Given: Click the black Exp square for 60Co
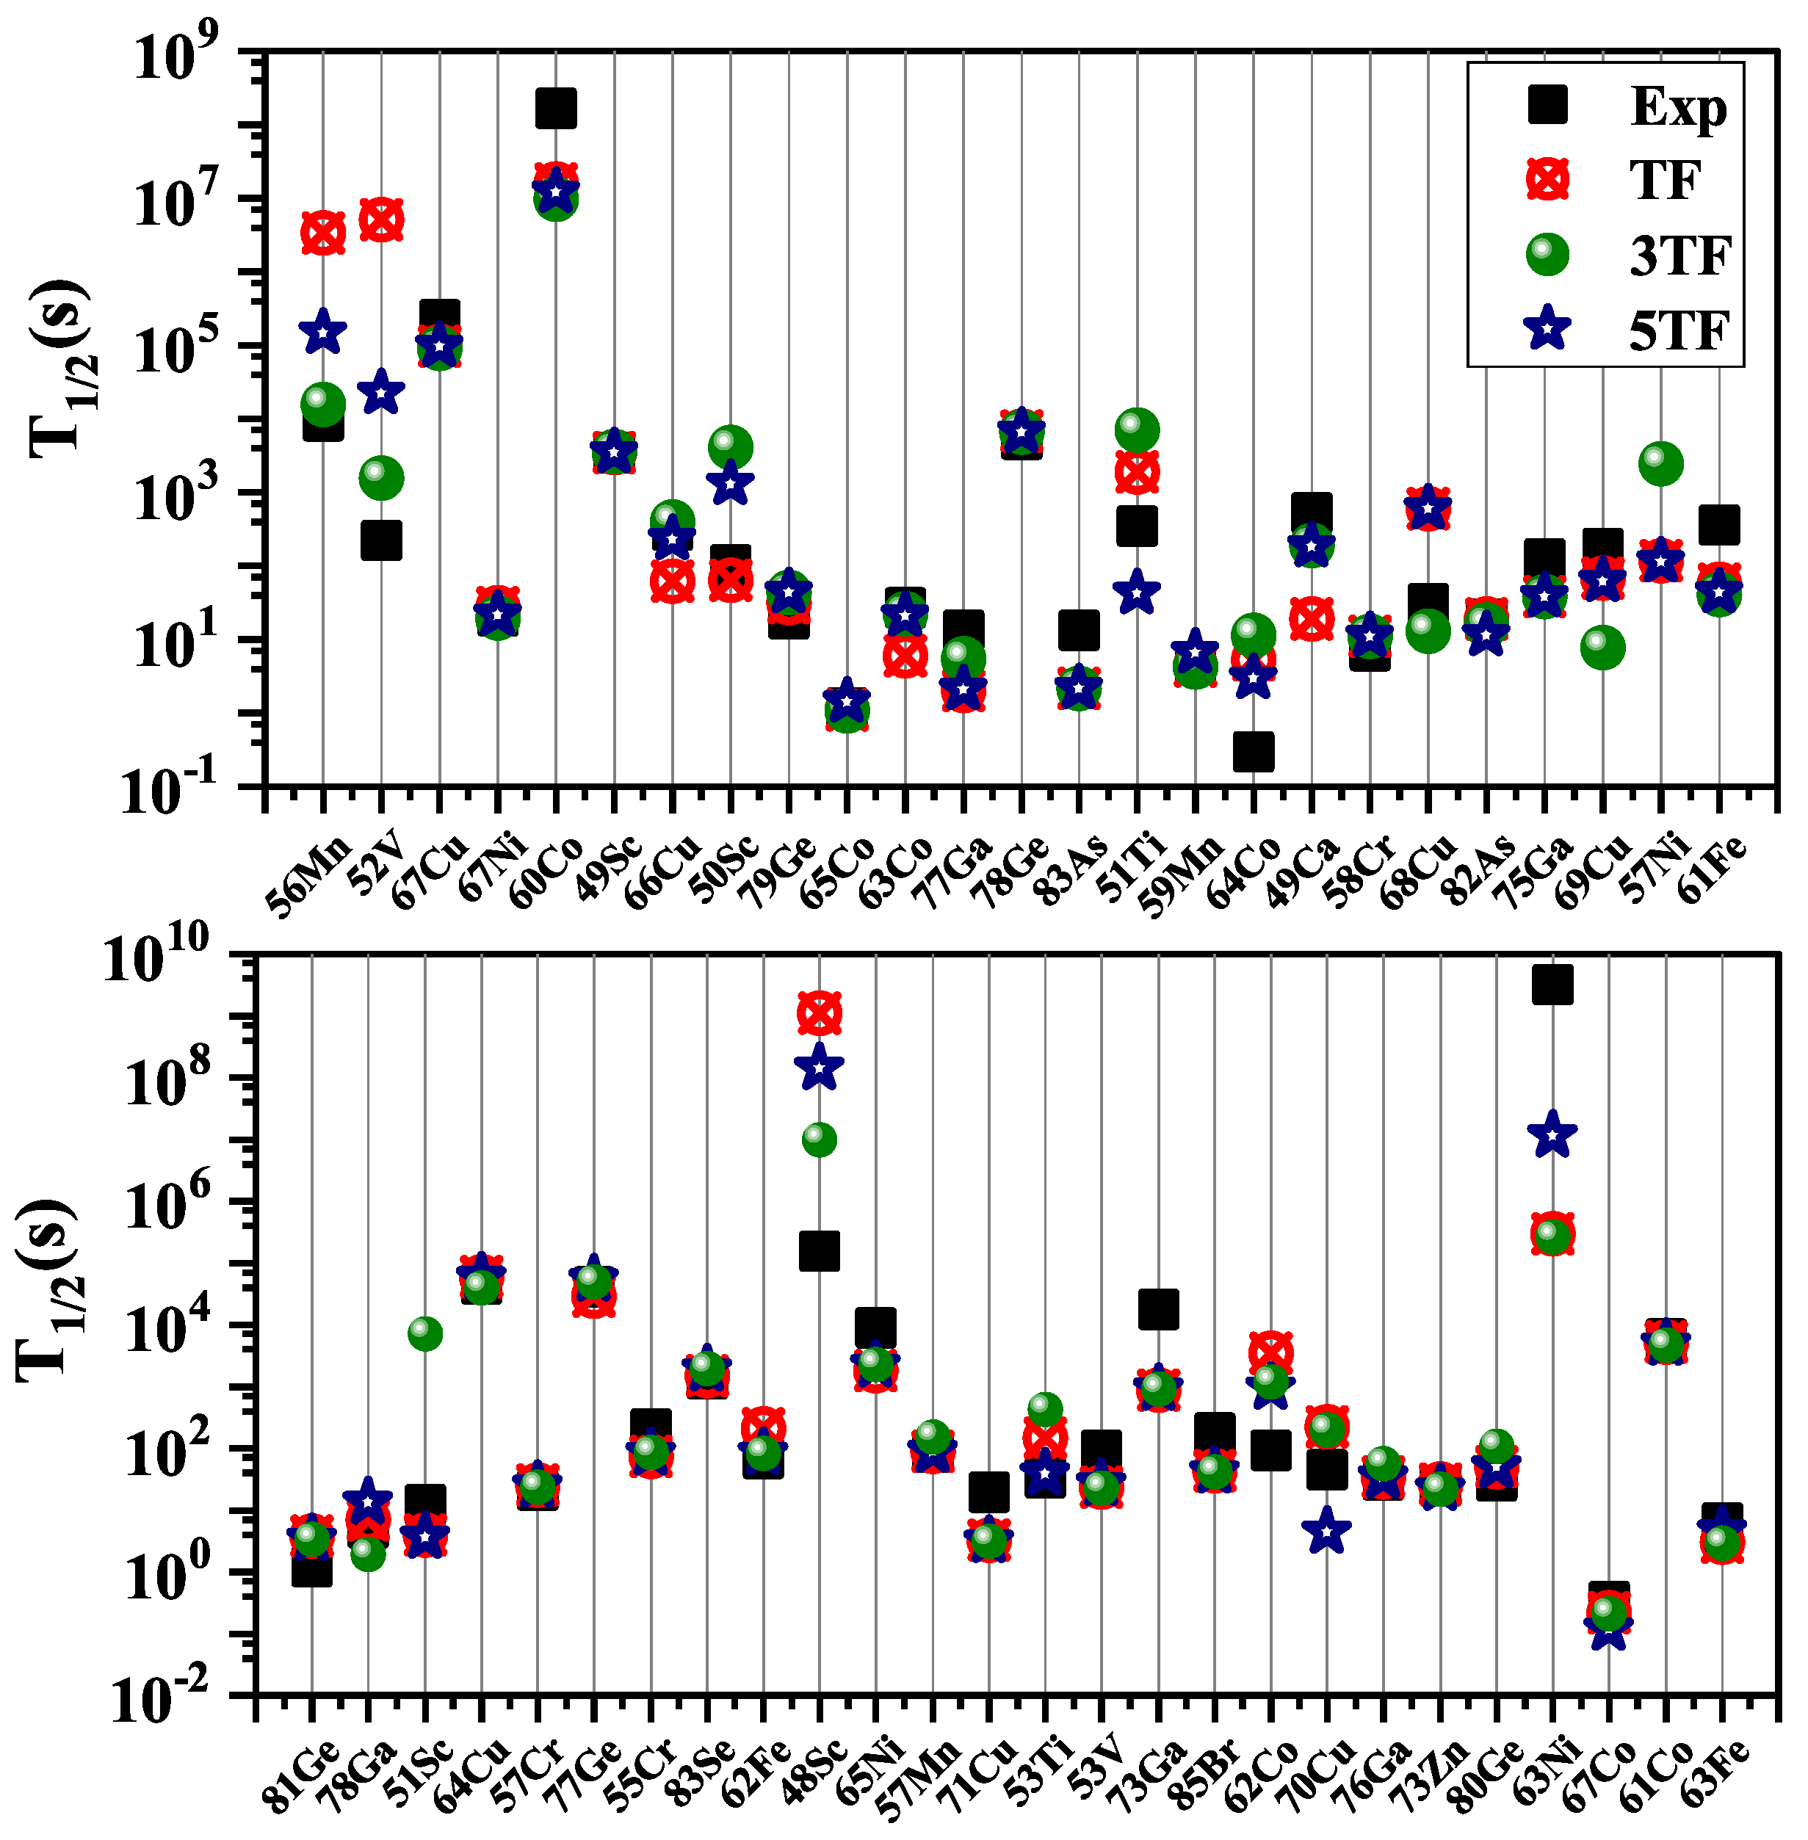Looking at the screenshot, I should coord(555,107).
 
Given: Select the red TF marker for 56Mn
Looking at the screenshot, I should coord(323,233).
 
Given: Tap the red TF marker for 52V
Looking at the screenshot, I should coord(381,220).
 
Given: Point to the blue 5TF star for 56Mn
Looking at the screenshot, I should coord(323,331).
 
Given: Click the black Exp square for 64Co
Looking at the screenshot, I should coord(1254,750).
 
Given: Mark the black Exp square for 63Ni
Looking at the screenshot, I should coord(1552,985).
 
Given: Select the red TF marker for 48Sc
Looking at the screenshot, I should coord(820,1013).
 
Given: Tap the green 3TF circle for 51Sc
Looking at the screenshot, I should coord(424,1333).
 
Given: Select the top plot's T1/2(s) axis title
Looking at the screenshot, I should coord(59,370).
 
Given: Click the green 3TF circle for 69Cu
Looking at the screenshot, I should coord(1602,647).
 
